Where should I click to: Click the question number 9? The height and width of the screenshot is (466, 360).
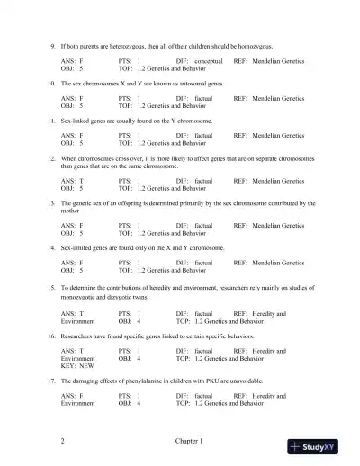point(51,45)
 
